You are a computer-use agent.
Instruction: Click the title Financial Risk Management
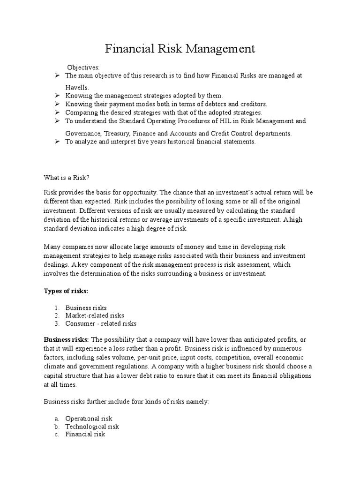[x=180, y=48]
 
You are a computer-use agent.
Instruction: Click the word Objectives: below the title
[x=83, y=67]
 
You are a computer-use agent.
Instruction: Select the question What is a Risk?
[x=66, y=177]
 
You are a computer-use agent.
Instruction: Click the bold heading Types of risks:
[x=66, y=291]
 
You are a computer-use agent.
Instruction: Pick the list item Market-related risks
[x=94, y=315]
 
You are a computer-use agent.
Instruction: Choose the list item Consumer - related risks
[x=100, y=323]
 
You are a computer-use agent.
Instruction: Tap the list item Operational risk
[x=89, y=418]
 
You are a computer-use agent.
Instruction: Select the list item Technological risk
[x=92, y=426]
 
